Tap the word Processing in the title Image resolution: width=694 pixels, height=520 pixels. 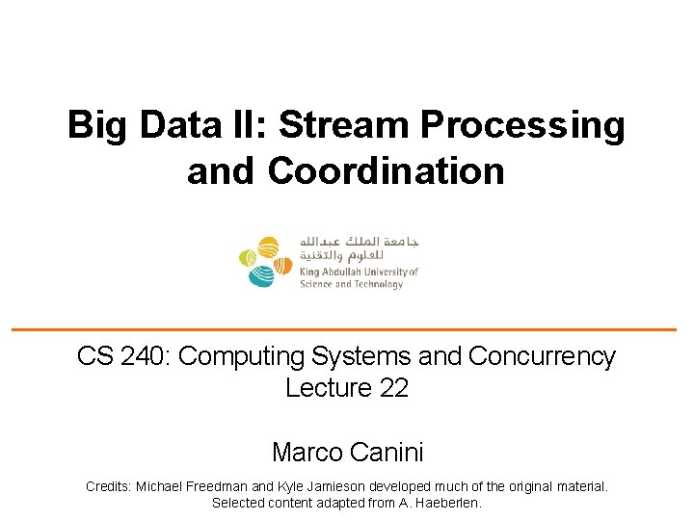point(521,126)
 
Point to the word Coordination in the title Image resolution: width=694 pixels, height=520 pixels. point(387,170)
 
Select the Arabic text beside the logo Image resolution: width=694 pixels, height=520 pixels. point(359,248)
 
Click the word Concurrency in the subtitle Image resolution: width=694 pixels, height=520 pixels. point(542,356)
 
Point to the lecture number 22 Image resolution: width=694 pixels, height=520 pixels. point(393,388)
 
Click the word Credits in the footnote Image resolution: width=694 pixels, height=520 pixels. point(109,487)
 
